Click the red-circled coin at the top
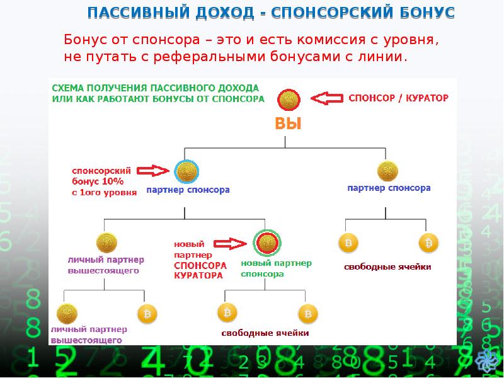tap(289, 99)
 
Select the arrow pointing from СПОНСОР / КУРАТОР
tap(328, 98)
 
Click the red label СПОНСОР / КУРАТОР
tap(398, 98)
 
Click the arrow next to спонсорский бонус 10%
tap(153, 170)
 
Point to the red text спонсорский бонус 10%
tap(102, 181)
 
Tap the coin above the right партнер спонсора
tap(388, 171)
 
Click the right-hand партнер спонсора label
tap(389, 188)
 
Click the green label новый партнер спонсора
tap(276, 268)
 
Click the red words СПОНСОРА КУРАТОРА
tap(200, 270)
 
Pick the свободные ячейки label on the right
tap(387, 267)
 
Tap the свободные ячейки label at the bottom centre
tap(265, 333)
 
